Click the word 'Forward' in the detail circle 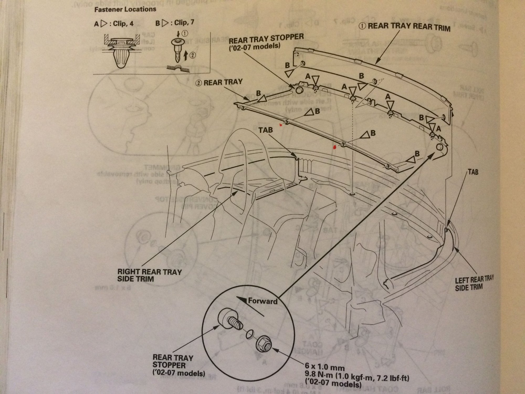coord(263,301)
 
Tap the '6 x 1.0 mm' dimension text coord(325,367)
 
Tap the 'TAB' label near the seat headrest coord(266,130)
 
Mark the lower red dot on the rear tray coord(334,147)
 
